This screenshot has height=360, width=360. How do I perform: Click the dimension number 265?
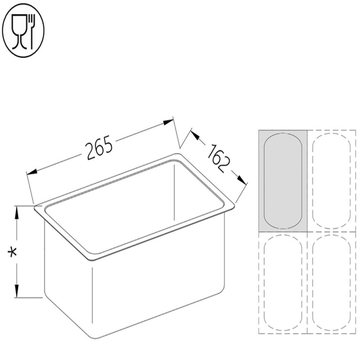pos(99,148)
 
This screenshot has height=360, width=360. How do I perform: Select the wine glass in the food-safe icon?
pos(18,29)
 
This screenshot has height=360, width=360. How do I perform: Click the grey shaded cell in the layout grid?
pos(282,180)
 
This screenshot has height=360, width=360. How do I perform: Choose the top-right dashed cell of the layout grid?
pos(331,180)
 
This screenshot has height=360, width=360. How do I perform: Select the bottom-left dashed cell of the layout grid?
pos(282,283)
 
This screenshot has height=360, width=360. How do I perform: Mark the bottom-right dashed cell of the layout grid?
pos(331,283)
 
